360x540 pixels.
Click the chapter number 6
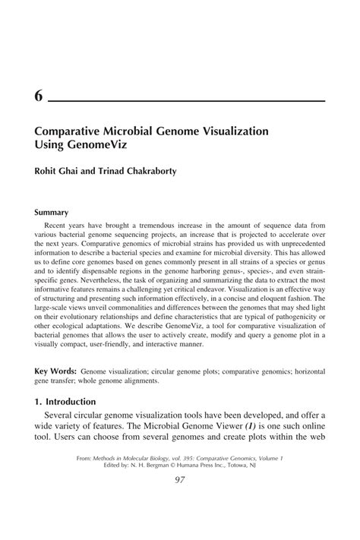pyautogui.click(x=39, y=97)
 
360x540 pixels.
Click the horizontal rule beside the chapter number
pyautogui.click(x=187, y=100)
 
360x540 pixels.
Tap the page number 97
pyautogui.click(x=180, y=500)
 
